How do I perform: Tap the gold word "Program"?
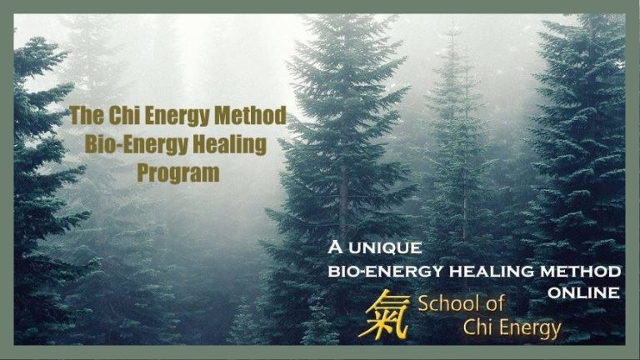(x=178, y=173)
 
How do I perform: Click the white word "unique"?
(x=385, y=247)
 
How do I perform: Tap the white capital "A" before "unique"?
(x=335, y=247)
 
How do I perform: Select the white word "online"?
(x=583, y=292)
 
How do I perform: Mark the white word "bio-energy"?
(x=385, y=271)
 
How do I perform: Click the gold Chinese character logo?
(x=383, y=315)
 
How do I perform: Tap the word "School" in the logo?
(x=447, y=304)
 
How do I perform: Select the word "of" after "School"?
(x=494, y=304)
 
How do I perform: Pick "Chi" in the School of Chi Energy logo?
(x=477, y=327)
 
